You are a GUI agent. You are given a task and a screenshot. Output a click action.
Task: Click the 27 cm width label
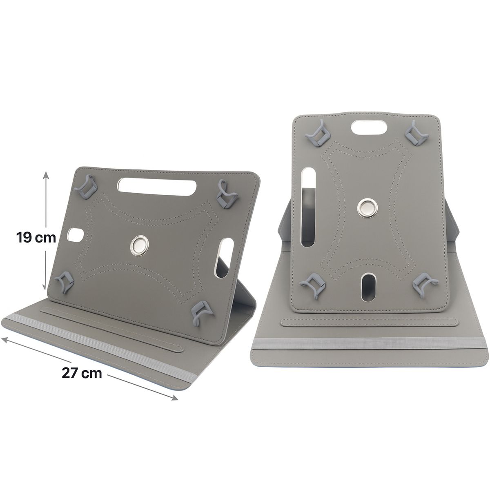pyautogui.click(x=82, y=372)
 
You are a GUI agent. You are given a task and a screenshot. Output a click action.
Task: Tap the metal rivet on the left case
pyautogui.click(x=140, y=245)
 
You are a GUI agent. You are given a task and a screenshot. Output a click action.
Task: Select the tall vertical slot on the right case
pyautogui.click(x=307, y=208)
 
